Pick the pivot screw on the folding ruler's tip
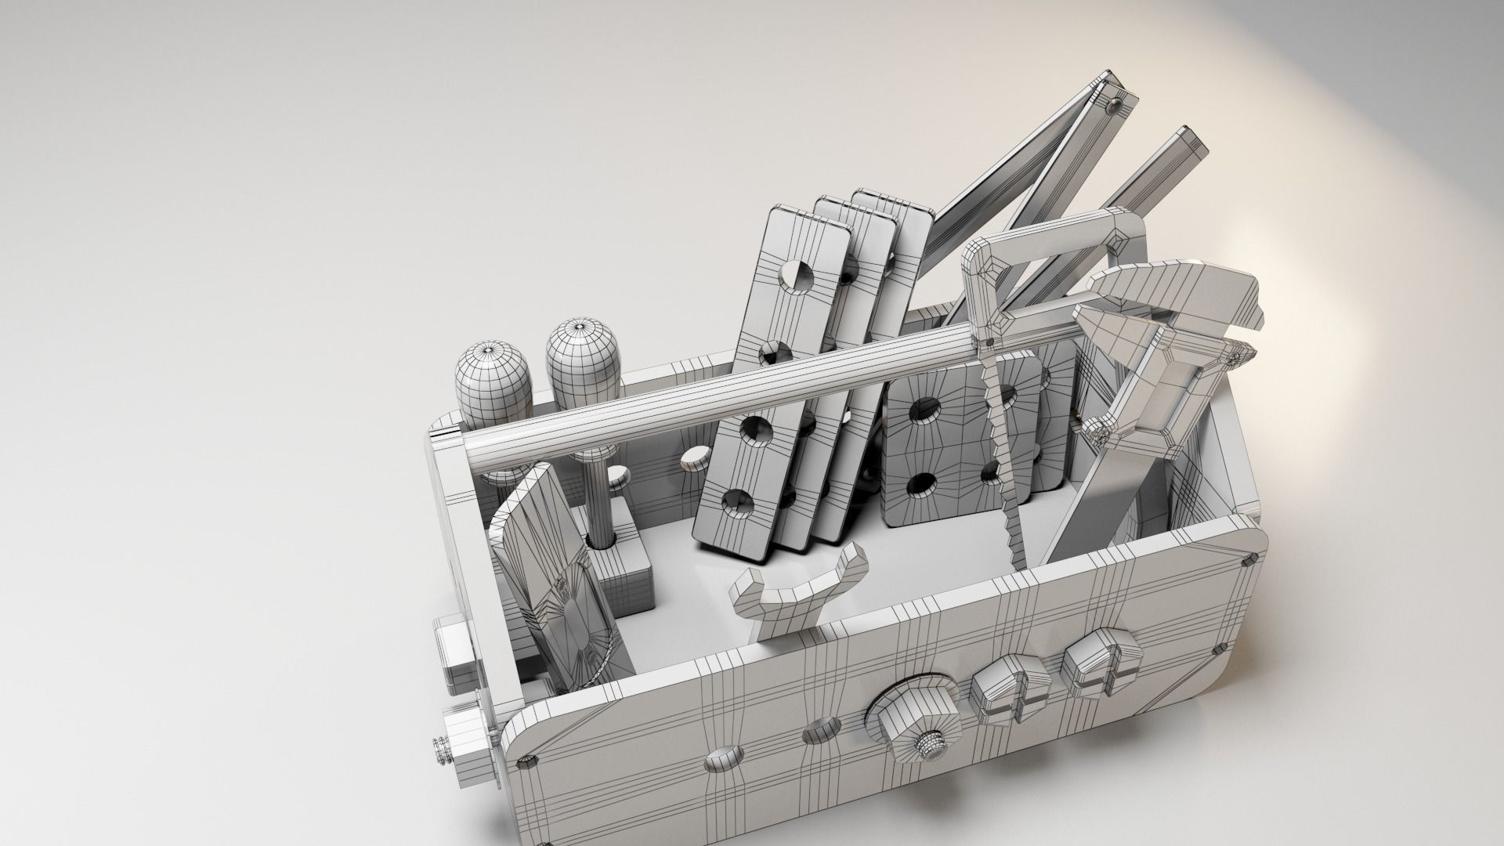(1115, 103)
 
